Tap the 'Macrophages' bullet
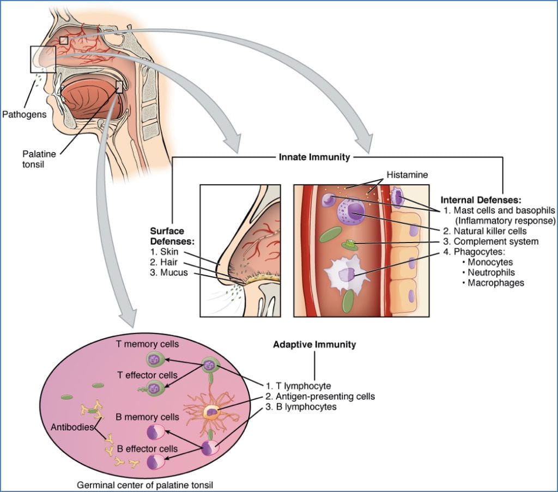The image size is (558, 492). click(x=495, y=283)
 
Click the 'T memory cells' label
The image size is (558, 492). click(x=147, y=344)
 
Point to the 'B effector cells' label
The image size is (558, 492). click(x=147, y=448)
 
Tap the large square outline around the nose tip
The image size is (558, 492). click(x=43, y=59)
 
